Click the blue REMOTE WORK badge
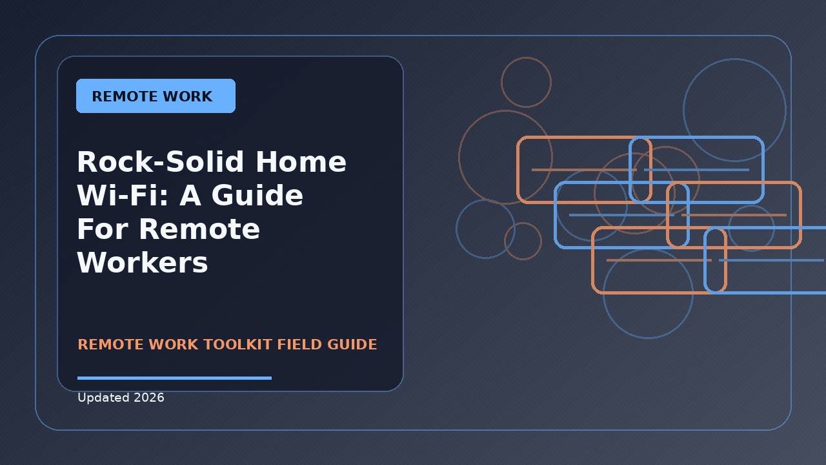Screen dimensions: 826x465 [156, 96]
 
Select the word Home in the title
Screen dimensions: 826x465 [301, 161]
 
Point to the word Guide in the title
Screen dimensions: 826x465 [257, 195]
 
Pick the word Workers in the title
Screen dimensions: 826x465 [143, 263]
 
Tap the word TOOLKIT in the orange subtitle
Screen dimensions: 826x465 [238, 345]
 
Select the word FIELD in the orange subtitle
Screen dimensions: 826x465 [300, 345]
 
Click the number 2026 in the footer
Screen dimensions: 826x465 [149, 398]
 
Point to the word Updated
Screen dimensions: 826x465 [103, 398]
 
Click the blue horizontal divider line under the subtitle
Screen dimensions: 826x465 [174, 378]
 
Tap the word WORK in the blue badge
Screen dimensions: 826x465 [188, 97]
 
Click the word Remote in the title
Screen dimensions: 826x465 [199, 229]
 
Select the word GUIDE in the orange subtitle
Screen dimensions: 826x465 [352, 345]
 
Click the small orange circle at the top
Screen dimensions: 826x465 [526, 57]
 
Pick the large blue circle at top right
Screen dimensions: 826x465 [734, 59]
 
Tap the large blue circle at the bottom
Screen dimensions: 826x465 [648, 338]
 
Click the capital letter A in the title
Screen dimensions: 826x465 [190, 195]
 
